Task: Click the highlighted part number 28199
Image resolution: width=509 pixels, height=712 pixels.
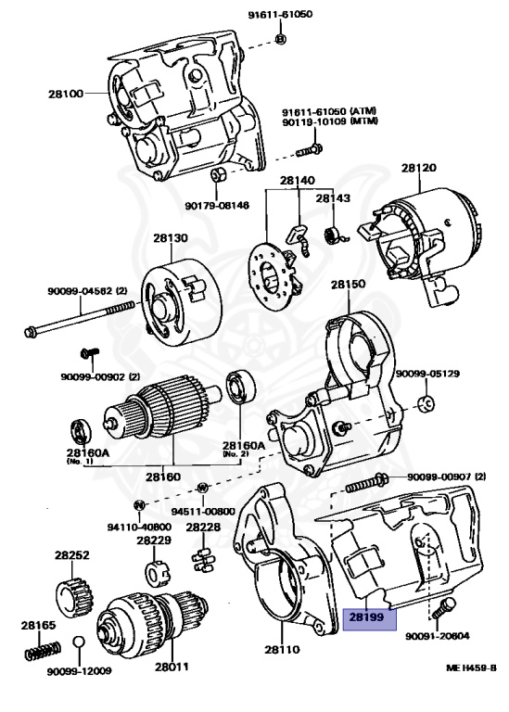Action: click(x=366, y=617)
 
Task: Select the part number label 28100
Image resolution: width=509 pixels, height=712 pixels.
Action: click(x=66, y=94)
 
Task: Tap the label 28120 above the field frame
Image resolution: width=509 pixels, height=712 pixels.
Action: click(x=418, y=168)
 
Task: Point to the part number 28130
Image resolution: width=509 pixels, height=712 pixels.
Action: click(x=171, y=238)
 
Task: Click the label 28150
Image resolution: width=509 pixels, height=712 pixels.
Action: click(x=348, y=285)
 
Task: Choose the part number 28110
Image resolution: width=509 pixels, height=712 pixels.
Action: click(x=282, y=649)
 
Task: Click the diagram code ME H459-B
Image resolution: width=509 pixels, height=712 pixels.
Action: click(x=471, y=667)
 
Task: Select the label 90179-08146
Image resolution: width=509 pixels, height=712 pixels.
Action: click(x=217, y=206)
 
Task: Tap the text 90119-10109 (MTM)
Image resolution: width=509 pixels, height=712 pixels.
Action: click(x=330, y=121)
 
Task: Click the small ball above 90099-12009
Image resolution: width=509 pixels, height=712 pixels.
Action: click(x=78, y=642)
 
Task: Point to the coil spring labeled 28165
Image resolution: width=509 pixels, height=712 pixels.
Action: click(x=43, y=651)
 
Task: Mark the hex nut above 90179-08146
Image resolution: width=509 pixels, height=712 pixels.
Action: click(x=217, y=174)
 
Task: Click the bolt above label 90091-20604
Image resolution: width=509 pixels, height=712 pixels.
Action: click(x=444, y=607)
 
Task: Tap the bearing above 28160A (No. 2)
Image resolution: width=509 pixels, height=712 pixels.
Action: click(x=241, y=388)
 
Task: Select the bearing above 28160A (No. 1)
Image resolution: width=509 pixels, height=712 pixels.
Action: click(x=81, y=432)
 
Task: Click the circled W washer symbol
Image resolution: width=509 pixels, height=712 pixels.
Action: click(x=202, y=489)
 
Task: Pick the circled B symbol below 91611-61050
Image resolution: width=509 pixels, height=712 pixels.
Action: click(x=281, y=39)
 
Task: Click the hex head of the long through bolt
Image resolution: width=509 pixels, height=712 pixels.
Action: click(x=30, y=332)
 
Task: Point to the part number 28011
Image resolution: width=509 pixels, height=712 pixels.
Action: click(x=172, y=667)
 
